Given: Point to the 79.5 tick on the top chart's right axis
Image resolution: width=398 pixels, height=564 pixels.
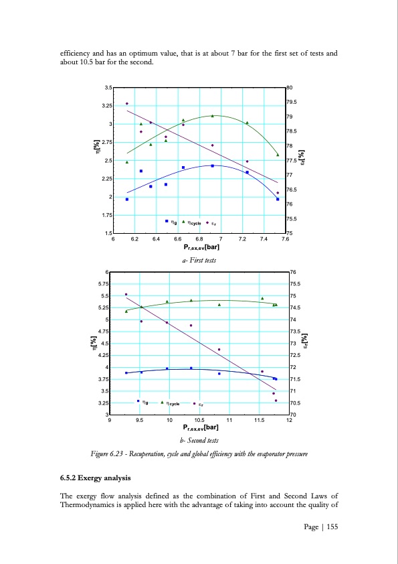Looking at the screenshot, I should point(293,102).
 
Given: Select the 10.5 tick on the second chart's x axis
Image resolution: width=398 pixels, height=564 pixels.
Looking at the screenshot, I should point(199,421).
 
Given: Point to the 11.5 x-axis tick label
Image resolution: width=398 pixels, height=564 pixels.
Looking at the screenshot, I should point(258,421).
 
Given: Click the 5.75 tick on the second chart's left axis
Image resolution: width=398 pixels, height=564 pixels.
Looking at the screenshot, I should point(104,284).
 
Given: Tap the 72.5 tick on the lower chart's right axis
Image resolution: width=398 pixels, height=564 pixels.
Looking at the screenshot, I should point(294,356).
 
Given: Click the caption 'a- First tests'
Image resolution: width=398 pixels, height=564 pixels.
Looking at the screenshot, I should point(199,259).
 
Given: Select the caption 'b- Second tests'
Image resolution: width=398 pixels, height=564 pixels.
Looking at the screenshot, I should point(199,440).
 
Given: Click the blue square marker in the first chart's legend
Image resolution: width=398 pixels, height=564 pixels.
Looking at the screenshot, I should point(167,220).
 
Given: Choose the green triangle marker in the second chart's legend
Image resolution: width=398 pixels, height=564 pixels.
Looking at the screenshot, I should point(162,403).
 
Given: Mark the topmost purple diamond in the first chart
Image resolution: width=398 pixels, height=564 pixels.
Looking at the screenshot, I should point(127,103).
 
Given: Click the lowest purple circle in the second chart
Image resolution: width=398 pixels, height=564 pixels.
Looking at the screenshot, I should point(276,401).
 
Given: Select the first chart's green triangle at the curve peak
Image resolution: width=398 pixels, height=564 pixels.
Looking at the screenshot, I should point(212,116).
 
